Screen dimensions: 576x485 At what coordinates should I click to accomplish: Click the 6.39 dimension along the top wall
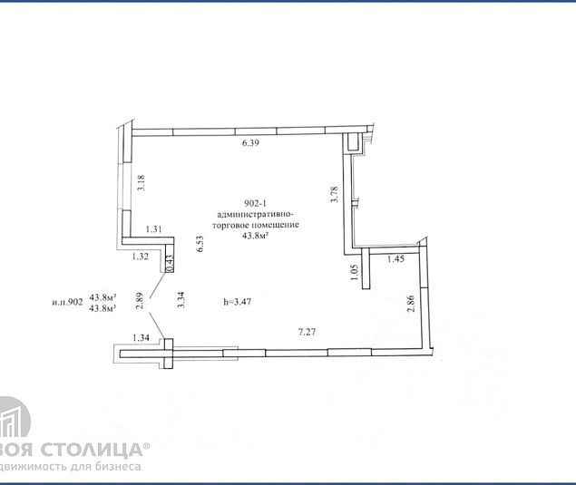(250, 143)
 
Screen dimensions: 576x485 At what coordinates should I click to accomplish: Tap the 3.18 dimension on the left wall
(142, 183)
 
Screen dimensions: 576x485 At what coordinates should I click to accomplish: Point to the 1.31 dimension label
(154, 229)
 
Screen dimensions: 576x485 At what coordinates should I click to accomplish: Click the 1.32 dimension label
(140, 257)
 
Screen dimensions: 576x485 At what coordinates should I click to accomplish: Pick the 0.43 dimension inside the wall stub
(170, 264)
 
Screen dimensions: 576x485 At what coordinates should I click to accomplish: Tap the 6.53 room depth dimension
(200, 244)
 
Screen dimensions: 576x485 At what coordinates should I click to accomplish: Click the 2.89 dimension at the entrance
(139, 301)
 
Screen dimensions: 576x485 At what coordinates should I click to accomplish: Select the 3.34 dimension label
(181, 299)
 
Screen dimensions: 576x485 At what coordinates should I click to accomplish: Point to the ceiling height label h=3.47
(238, 302)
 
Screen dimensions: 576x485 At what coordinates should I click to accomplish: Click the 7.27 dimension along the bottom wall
(307, 333)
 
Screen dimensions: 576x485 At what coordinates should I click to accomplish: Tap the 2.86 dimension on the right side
(411, 304)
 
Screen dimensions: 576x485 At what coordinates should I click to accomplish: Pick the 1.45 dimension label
(396, 259)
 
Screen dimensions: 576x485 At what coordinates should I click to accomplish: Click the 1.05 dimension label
(355, 272)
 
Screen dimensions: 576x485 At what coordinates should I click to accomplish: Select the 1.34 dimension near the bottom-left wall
(141, 338)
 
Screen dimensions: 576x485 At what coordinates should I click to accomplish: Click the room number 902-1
(255, 203)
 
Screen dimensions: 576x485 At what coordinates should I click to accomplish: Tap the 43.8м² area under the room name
(254, 236)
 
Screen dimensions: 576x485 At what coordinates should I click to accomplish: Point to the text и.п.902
(68, 302)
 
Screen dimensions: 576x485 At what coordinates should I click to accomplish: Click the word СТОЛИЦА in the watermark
(91, 450)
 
